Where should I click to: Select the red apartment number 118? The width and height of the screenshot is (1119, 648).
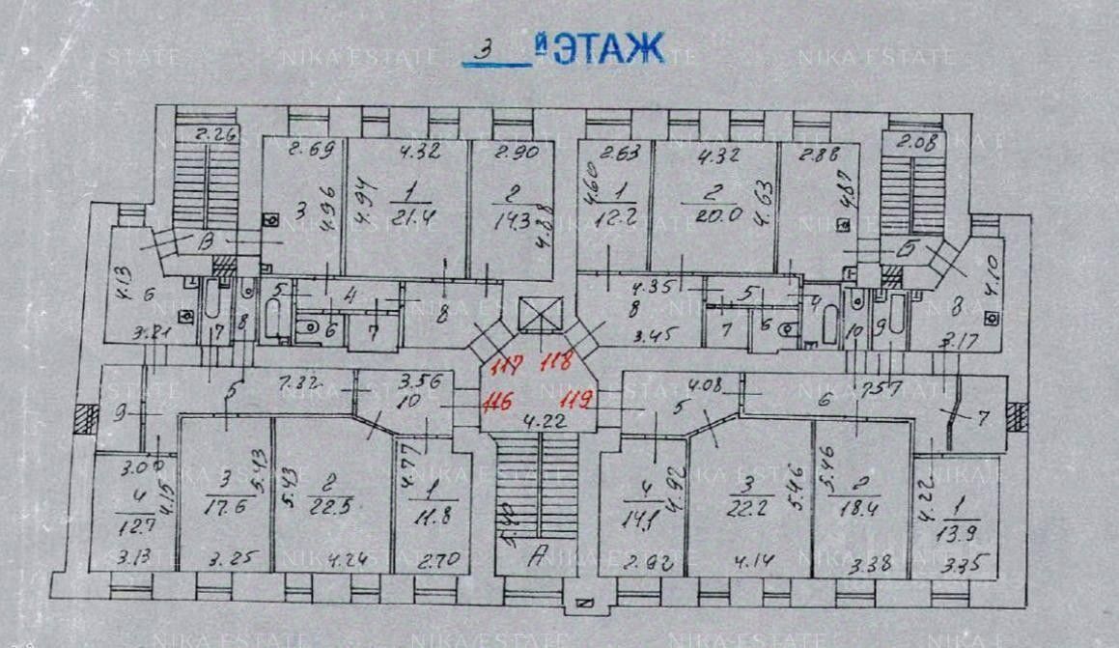558,363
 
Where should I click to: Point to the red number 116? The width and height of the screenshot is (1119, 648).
498,399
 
